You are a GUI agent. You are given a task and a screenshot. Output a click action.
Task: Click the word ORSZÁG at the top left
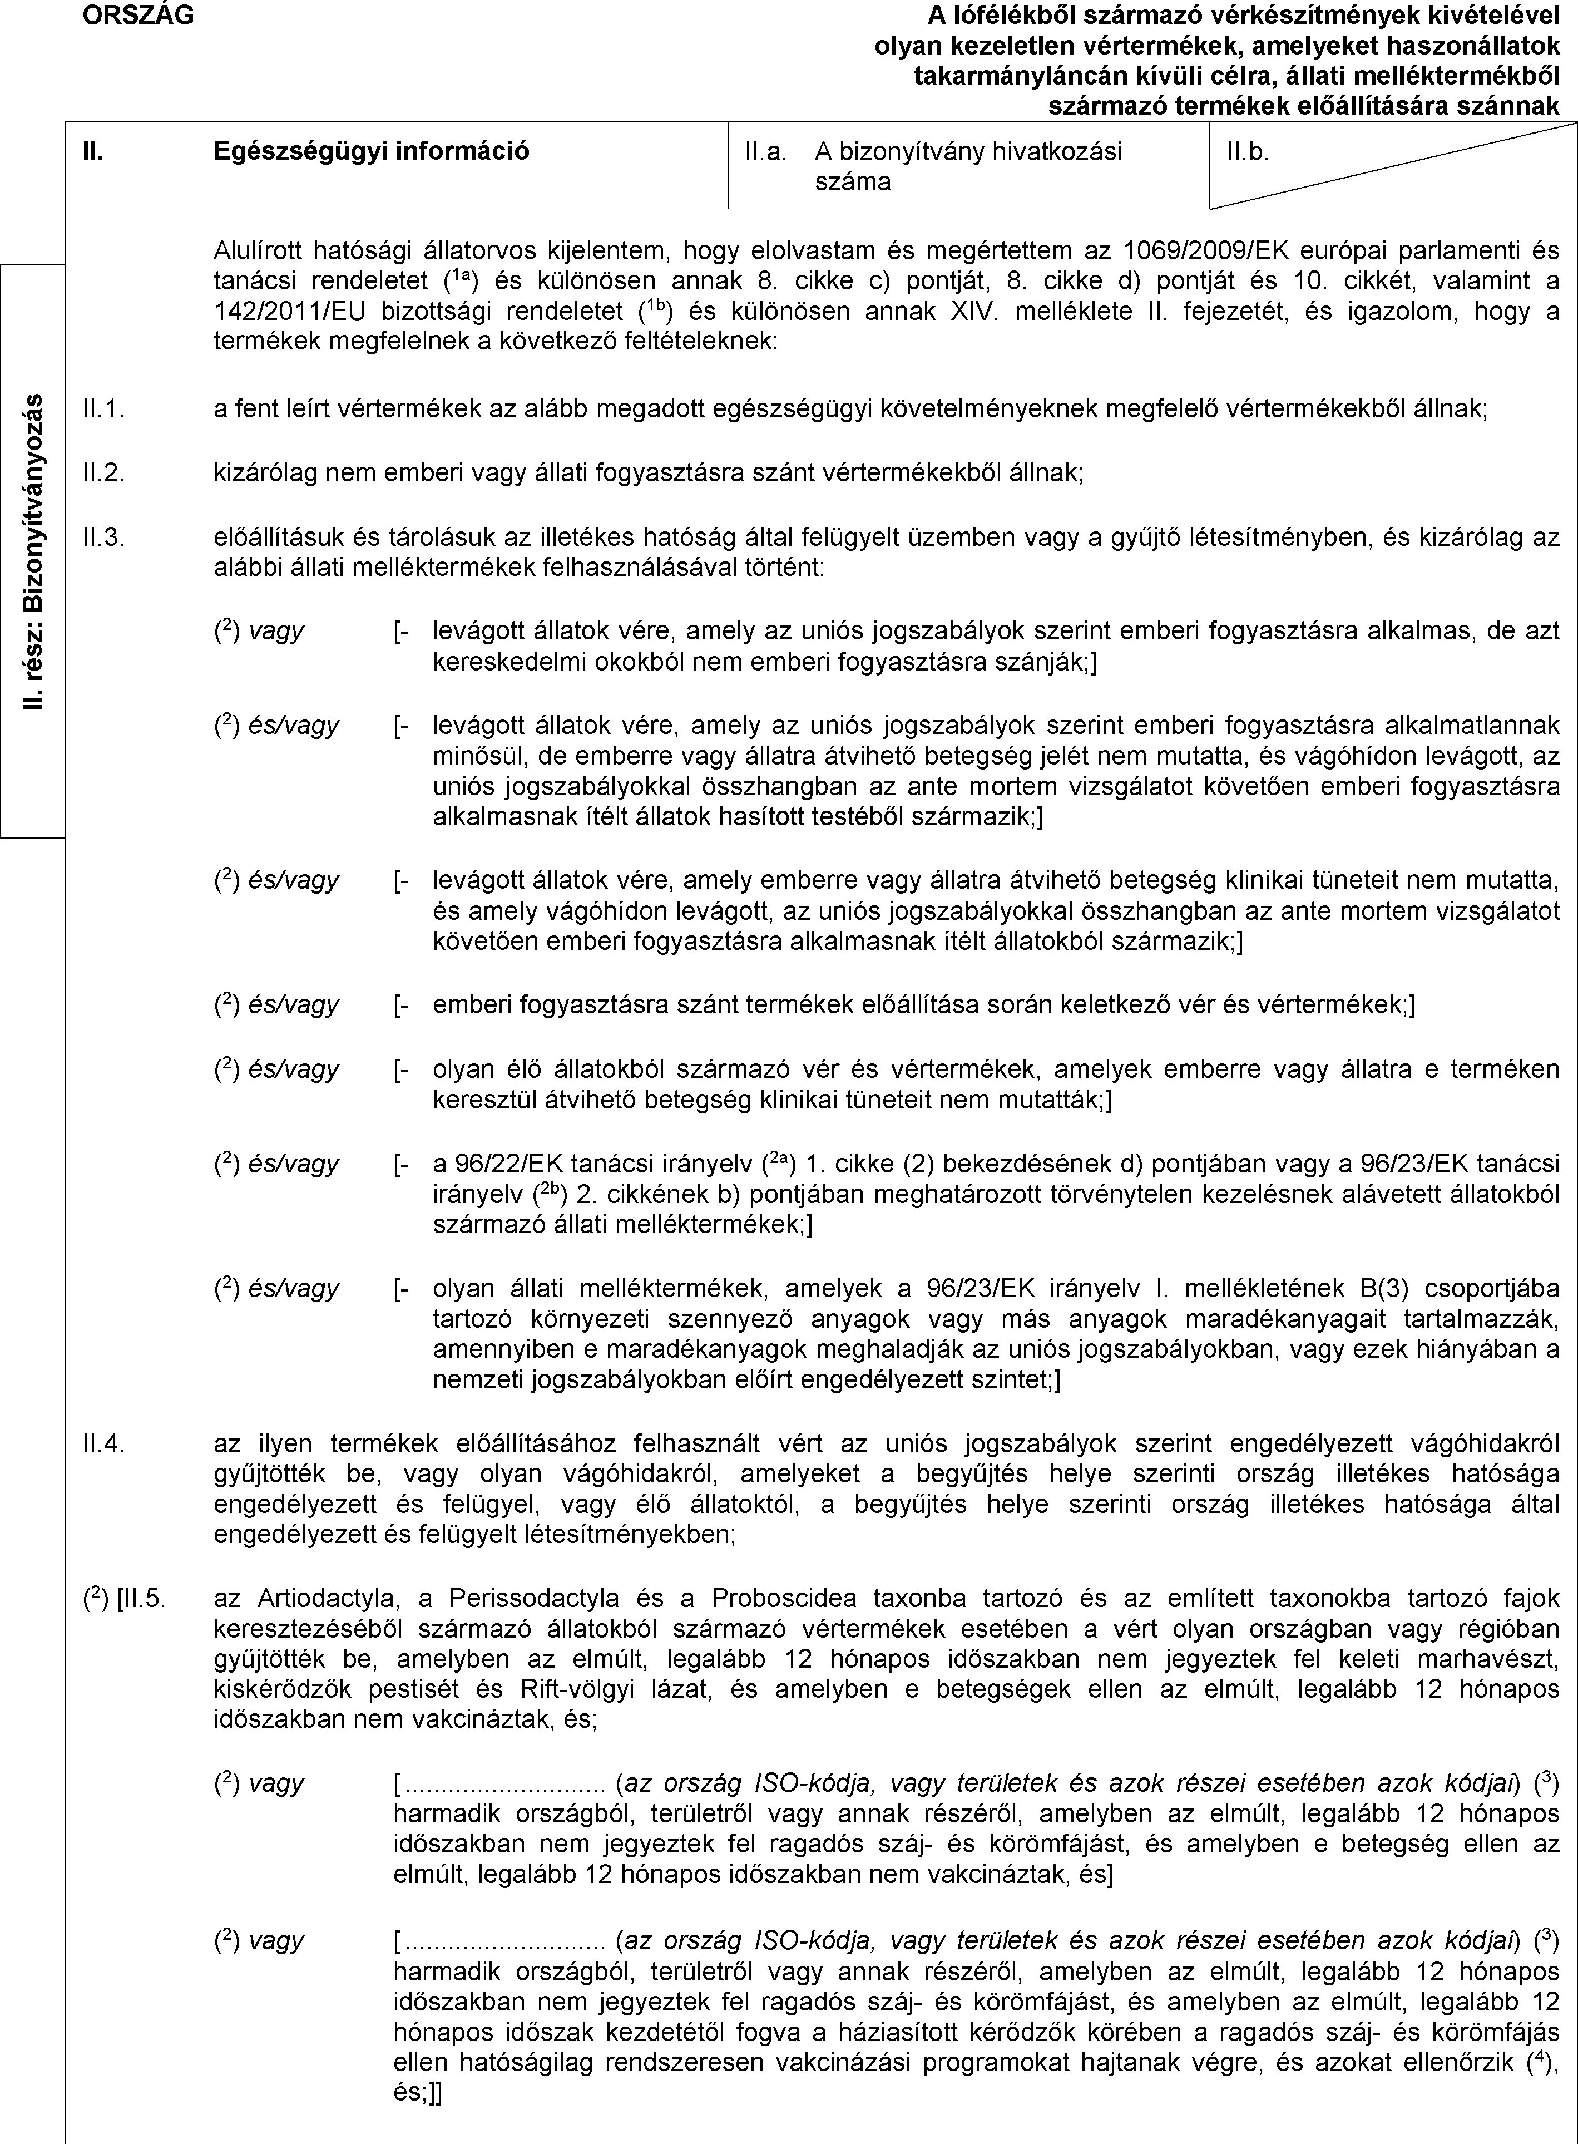(x=137, y=14)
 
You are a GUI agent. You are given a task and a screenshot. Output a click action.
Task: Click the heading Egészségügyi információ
(x=372, y=150)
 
